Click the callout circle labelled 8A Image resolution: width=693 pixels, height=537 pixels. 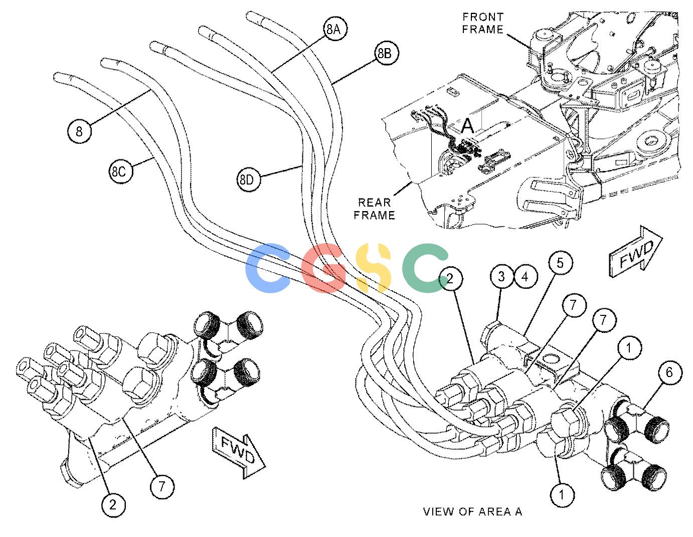pos(333,29)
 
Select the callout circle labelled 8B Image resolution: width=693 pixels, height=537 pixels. pos(385,54)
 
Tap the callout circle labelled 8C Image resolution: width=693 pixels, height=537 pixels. pos(119,171)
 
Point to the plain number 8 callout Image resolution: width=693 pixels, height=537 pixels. pos(79,131)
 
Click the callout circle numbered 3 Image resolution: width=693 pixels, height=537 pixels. pos(501,276)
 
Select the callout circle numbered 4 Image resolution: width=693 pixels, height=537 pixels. pos(525,277)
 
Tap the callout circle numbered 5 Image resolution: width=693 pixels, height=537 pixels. pos(560,263)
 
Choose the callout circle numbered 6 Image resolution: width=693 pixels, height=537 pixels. pos(669,372)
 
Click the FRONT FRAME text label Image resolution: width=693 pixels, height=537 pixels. pos(483,23)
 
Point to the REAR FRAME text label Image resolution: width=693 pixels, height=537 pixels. pos(375,209)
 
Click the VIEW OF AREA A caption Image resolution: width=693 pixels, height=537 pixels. pos(472,512)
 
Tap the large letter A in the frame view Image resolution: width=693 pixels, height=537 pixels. pos(468,126)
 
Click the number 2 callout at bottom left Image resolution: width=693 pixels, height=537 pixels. pos(113,505)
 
